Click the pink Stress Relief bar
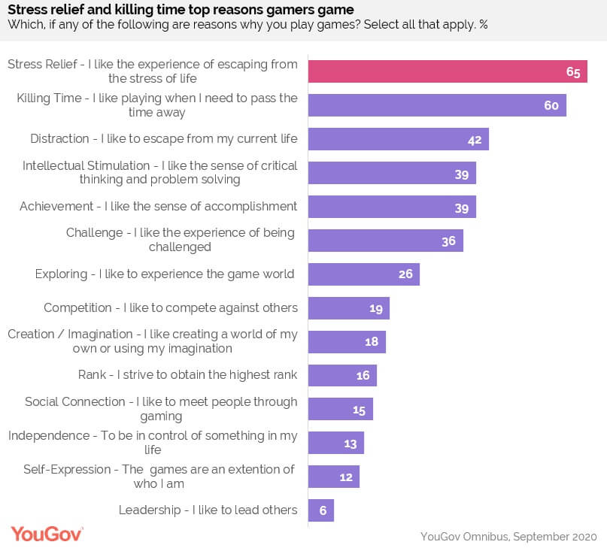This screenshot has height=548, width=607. tap(448, 71)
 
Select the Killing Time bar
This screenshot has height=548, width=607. tap(437, 105)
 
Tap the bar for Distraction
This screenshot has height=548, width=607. tap(399, 139)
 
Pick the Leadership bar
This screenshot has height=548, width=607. tap(321, 510)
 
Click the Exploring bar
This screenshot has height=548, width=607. tap(364, 274)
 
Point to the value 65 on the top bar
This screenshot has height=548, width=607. tap(573, 72)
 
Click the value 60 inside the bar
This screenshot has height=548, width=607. tap(551, 106)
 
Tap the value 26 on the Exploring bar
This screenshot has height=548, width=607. tap(405, 274)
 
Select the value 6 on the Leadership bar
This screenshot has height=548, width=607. tap(323, 511)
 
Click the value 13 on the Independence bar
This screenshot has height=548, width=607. tap(350, 444)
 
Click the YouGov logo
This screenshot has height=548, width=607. tap(47, 533)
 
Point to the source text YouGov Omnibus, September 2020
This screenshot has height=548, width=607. tap(508, 536)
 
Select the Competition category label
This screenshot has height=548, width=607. tap(171, 307)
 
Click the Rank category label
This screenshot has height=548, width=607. tap(188, 374)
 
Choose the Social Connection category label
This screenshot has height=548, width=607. tap(161, 409)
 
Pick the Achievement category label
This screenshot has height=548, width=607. tap(159, 206)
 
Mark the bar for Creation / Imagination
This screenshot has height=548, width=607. tap(347, 342)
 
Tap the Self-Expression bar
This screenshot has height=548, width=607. tap(334, 477)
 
